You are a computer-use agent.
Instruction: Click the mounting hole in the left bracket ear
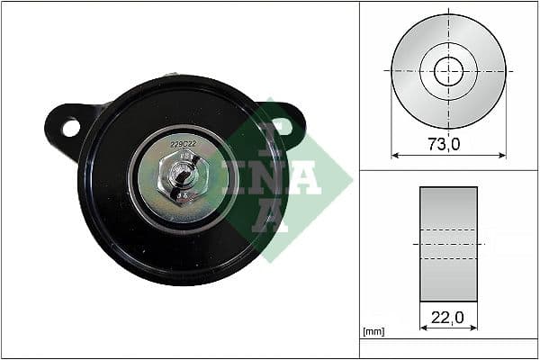(x=70, y=128)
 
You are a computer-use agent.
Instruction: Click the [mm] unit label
(x=373, y=332)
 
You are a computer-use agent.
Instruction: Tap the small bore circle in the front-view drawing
(x=448, y=71)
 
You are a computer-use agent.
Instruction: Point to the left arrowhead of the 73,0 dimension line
(x=395, y=155)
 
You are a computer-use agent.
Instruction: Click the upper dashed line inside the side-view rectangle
(x=448, y=229)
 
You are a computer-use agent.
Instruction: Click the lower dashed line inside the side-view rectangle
(x=448, y=259)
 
